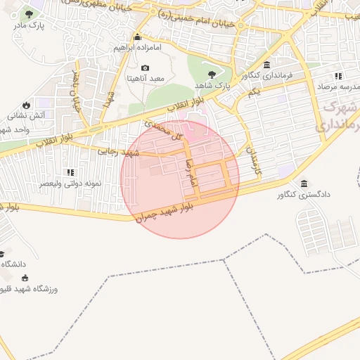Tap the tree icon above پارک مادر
(28, 14)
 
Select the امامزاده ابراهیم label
(137, 49)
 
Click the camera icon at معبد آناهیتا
(145, 68)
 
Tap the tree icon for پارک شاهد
(211, 73)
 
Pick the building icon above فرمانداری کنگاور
(266, 65)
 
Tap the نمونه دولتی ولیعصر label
(72, 184)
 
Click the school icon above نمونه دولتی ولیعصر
(70, 172)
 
